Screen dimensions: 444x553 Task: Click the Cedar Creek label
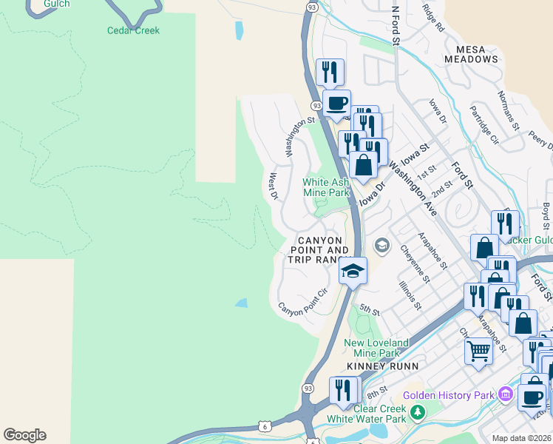pos(133,30)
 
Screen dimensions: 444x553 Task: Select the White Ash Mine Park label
pos(326,187)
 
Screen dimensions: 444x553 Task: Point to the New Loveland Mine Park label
pos(376,348)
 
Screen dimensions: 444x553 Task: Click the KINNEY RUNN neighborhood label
pos(384,366)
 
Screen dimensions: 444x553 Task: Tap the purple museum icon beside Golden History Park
pos(506,394)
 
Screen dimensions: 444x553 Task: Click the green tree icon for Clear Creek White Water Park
pos(418,411)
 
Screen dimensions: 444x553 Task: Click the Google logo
pos(24,435)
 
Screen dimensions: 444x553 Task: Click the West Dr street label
pos(273,186)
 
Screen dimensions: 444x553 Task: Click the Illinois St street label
pos(410,295)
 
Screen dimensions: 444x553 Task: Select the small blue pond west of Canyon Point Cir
pos(242,303)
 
